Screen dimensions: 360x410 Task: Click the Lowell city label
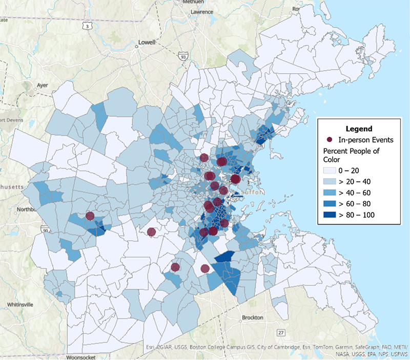(x=147, y=43)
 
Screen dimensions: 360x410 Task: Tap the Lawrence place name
(x=201, y=11)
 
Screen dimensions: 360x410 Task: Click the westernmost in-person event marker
(x=90, y=216)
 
